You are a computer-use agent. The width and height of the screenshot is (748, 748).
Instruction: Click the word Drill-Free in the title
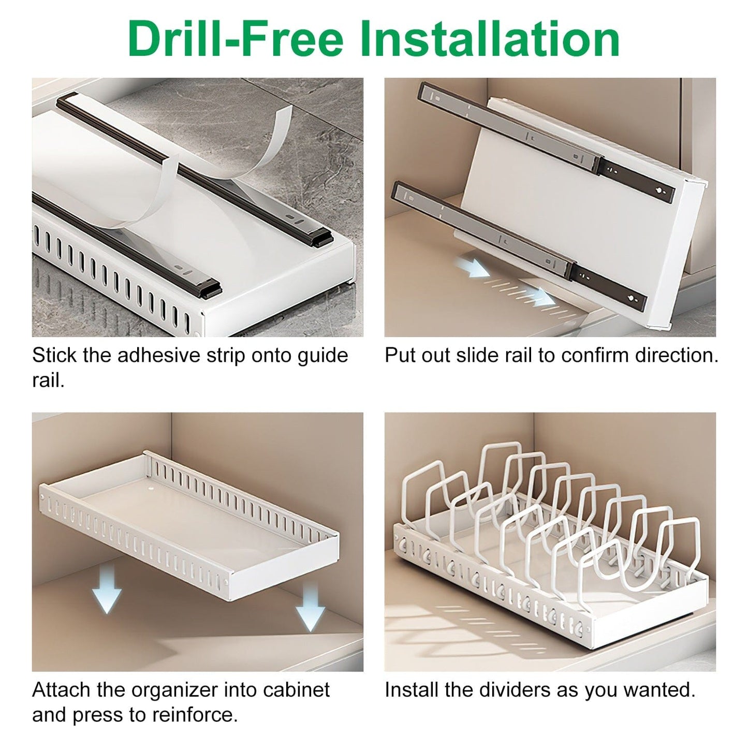(x=236, y=39)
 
